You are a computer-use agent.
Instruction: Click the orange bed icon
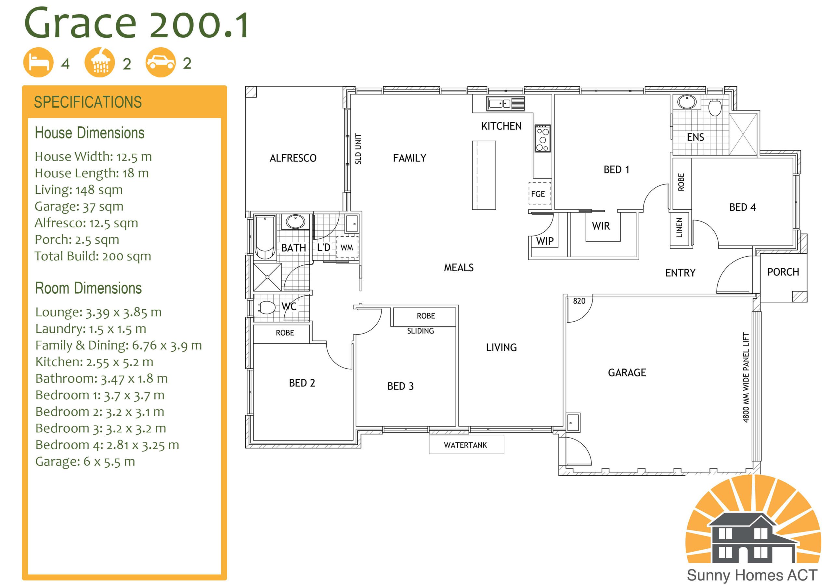(x=38, y=62)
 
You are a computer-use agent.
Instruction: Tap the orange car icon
(x=161, y=62)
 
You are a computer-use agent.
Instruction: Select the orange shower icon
(x=100, y=62)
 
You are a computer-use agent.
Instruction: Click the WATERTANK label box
(x=466, y=444)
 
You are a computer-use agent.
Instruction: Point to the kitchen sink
(x=505, y=104)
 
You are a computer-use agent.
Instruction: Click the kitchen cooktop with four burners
(x=542, y=138)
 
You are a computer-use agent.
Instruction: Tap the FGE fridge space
(x=539, y=194)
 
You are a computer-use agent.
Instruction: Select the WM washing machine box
(x=347, y=248)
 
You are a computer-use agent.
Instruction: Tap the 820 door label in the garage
(x=579, y=301)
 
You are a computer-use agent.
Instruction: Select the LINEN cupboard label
(x=680, y=227)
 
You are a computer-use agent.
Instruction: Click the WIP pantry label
(x=545, y=241)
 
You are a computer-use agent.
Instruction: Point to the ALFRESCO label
(x=293, y=158)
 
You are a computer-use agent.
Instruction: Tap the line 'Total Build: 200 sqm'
(x=93, y=256)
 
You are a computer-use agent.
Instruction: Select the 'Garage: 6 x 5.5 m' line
(x=85, y=461)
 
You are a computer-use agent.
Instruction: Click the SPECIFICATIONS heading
(x=88, y=102)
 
